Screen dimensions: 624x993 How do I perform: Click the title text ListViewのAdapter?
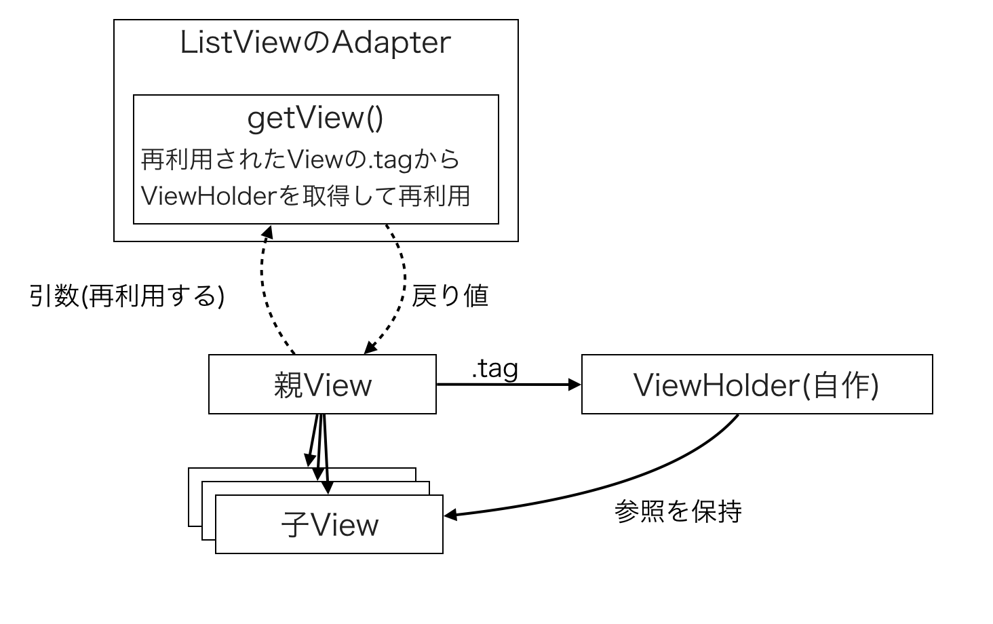(315, 43)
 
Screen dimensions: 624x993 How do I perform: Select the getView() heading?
(315, 118)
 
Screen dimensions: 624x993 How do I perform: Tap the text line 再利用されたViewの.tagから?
(300, 160)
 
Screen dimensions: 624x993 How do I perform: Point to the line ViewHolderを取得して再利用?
(305, 196)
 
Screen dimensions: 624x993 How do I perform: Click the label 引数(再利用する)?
(127, 296)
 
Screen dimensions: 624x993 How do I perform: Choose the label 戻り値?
(450, 296)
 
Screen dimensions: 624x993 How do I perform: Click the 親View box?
(322, 385)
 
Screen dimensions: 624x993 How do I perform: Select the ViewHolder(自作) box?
(756, 385)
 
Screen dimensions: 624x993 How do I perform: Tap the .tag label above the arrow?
(494, 368)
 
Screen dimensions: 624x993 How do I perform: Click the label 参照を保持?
(678, 511)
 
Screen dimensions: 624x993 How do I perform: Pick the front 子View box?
(329, 525)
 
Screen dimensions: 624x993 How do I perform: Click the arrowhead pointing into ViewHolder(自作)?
(576, 385)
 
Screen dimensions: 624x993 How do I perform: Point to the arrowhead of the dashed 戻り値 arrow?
(370, 347)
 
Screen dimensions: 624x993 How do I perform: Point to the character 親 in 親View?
(288, 385)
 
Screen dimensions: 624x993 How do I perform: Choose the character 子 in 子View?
(295, 526)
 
